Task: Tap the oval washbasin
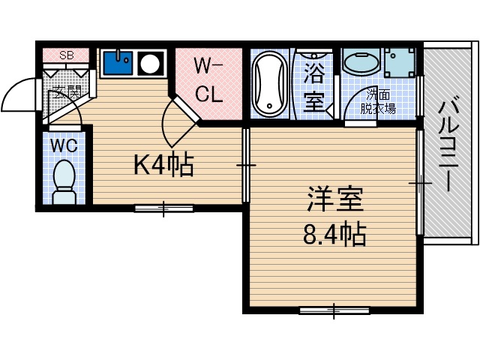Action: (x=361, y=62)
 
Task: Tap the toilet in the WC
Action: (x=65, y=181)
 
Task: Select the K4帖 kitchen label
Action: (x=163, y=164)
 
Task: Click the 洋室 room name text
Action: (x=334, y=200)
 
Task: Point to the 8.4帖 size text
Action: (x=334, y=235)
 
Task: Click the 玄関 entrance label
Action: (x=67, y=92)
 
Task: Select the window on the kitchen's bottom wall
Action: (x=163, y=208)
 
